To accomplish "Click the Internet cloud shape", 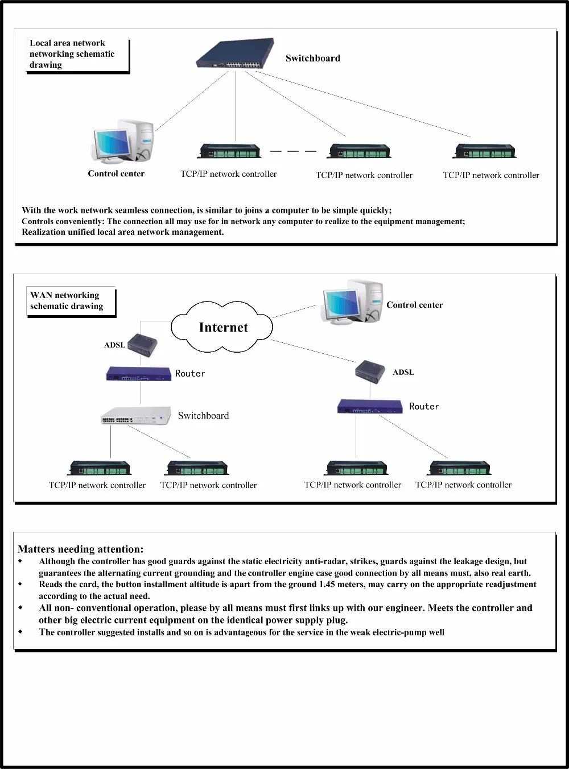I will click(x=222, y=327).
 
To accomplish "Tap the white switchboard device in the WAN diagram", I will click(x=137, y=416).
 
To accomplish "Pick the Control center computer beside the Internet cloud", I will click(x=353, y=302).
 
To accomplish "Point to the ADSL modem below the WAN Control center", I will click(x=370, y=371).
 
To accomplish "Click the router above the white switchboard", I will click(x=139, y=374).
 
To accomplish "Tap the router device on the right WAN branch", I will click(x=370, y=407).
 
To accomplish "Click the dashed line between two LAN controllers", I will click(x=293, y=151).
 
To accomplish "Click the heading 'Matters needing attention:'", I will click(x=80, y=549).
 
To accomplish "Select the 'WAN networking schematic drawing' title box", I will click(x=71, y=301).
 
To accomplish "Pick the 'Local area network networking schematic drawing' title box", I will click(x=77, y=54).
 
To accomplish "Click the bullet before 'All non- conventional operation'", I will click(x=20, y=608).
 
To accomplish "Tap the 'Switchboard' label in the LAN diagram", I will click(x=312, y=58).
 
